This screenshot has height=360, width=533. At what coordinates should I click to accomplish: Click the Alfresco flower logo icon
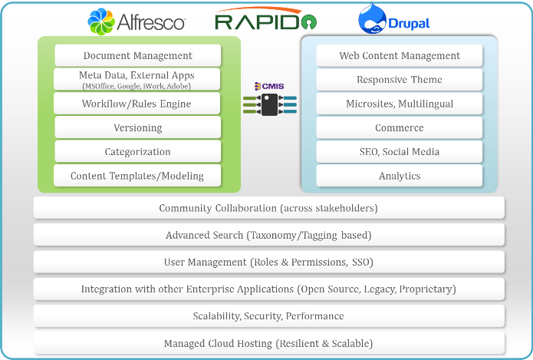point(101,21)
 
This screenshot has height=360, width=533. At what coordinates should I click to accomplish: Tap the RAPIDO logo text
point(266,21)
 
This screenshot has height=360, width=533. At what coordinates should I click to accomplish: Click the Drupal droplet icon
point(372,18)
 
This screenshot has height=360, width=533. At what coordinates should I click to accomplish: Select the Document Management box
point(138,55)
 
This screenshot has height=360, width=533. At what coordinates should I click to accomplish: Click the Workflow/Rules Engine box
point(137,104)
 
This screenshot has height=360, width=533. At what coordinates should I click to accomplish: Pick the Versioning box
point(138,127)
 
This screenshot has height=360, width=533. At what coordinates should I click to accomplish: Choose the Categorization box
point(138,151)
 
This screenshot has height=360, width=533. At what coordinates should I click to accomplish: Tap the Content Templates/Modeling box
point(137,176)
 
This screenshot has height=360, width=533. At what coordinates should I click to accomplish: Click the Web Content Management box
point(400,55)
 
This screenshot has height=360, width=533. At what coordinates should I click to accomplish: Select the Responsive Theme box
point(400,80)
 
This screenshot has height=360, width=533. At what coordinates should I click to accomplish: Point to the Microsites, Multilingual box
point(400,104)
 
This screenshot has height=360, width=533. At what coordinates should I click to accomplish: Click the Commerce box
point(400,127)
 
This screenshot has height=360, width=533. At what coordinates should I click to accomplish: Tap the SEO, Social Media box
point(400,151)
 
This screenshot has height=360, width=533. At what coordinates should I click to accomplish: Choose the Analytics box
point(400,176)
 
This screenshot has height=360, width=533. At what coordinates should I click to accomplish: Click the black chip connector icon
point(270,105)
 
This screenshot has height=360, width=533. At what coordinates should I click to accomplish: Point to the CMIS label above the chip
point(269,86)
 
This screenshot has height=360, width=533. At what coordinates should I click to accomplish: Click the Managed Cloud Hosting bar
point(269,343)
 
